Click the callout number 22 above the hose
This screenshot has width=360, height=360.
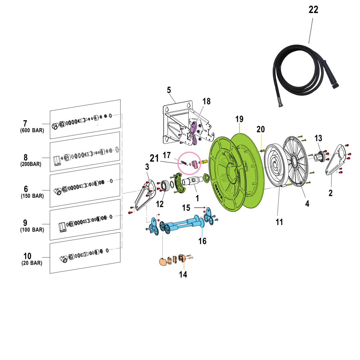[313, 10]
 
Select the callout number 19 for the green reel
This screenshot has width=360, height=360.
[239, 119]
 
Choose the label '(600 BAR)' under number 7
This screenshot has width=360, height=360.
[32, 130]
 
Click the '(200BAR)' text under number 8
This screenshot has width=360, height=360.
[31, 164]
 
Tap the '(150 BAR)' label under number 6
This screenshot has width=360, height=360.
[32, 196]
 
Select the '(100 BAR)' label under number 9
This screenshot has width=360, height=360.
[32, 230]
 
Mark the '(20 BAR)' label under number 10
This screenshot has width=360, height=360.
[32, 263]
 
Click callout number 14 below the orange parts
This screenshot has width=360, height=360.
[183, 274]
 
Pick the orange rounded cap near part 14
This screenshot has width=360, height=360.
[162, 262]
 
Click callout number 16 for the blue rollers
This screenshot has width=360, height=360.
[202, 241]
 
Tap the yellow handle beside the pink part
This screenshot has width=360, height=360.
[204, 162]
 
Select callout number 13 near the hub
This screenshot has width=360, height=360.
[318, 138]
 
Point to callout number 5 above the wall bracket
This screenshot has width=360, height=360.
[169, 90]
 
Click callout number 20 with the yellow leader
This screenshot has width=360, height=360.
[260, 129]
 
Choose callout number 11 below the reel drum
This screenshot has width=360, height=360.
[279, 222]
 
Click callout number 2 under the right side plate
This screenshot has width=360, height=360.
[330, 193]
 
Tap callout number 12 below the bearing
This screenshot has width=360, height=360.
[160, 204]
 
